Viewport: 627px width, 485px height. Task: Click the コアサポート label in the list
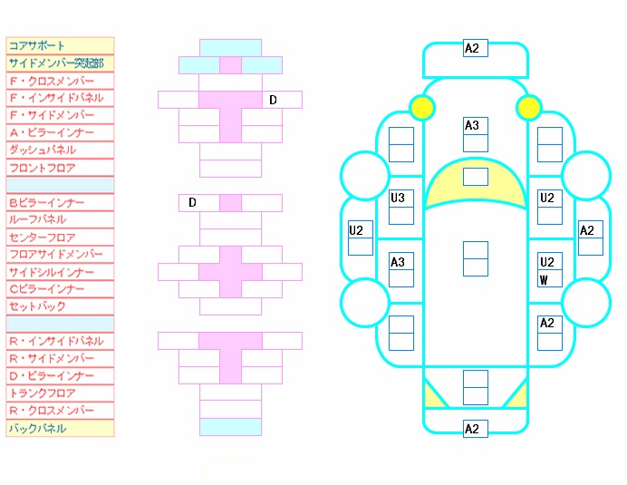[36, 45]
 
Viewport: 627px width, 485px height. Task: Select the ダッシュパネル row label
[43, 150]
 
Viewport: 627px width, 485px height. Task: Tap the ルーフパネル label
[37, 219]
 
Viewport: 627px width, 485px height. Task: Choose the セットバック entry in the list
[37, 306]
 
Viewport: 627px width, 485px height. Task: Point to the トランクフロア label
[42, 393]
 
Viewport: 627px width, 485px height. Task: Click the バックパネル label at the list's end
[37, 428]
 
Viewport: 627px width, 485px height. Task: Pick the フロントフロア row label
[42, 168]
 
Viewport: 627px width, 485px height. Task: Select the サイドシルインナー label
[52, 272]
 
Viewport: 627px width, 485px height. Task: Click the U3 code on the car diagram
[398, 198]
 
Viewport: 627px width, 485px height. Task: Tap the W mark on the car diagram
[544, 280]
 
